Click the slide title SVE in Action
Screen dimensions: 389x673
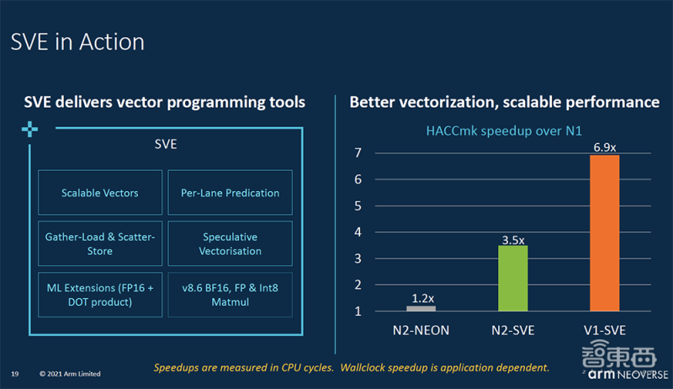coord(77,42)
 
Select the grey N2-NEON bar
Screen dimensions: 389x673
coord(421,308)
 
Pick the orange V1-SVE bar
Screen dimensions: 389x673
coord(604,233)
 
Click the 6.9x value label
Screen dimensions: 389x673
coord(604,147)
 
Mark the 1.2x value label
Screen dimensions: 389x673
coord(421,298)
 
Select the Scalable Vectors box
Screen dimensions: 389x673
coord(100,193)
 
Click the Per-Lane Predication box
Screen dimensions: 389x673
coord(230,193)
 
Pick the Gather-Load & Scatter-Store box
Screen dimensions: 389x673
coord(100,244)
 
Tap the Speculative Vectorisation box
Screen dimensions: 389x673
coord(230,244)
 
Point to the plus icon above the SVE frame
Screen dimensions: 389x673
coord(30,129)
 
